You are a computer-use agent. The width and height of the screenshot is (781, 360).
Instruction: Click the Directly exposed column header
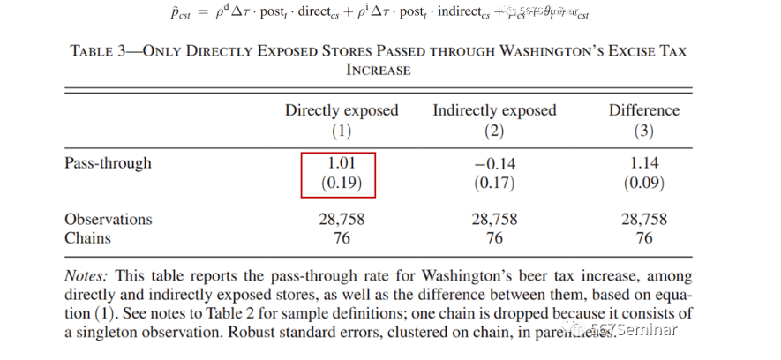point(342,110)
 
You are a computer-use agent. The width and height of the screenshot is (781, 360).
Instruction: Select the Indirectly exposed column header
point(494,110)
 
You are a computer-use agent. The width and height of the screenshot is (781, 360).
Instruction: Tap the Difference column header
point(644,110)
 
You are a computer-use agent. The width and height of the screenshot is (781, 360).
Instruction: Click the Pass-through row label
point(108,163)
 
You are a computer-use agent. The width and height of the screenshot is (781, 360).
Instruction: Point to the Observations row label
point(108,219)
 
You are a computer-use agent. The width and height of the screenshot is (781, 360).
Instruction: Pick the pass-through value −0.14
point(494,163)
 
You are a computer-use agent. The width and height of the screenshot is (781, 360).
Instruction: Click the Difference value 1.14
point(644,163)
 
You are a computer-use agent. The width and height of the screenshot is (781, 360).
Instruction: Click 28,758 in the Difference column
point(644,219)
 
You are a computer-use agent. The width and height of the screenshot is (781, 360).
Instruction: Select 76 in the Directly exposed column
point(342,238)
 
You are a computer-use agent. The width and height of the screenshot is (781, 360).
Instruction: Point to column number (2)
point(494,131)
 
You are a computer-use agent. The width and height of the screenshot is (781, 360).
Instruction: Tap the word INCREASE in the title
point(378,70)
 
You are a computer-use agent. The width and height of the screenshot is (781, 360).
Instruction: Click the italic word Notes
point(86,276)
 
